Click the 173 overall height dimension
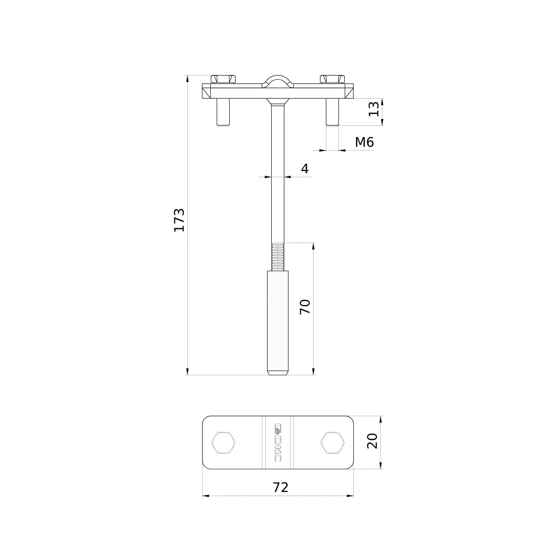point(179,220)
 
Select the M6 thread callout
point(364,142)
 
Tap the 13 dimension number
point(374,109)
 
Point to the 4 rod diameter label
point(305,169)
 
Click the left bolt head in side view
point(223,79)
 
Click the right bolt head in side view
point(332,79)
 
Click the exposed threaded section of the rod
point(278,257)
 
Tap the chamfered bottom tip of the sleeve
point(278,373)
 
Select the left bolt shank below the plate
point(223,112)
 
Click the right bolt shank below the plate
point(332,112)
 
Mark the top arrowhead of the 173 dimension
point(188,79)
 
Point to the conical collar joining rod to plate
point(278,101)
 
